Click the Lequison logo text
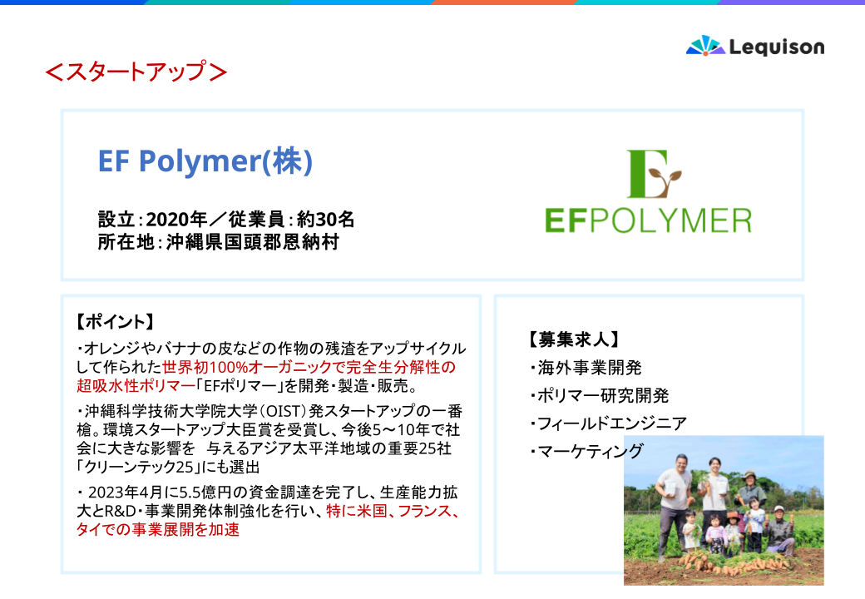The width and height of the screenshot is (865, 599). point(777,47)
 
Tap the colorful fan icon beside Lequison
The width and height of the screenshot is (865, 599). point(705,46)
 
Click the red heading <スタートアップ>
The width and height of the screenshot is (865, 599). point(136,72)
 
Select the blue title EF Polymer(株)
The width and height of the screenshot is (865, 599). point(205,161)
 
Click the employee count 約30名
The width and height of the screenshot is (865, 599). point(325,220)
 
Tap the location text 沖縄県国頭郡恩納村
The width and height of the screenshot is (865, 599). point(253,242)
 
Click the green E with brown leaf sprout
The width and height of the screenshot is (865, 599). point(654,174)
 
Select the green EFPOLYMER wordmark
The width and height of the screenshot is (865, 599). point(648,220)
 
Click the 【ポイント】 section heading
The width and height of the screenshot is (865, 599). point(116,322)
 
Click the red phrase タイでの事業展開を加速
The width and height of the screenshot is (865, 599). point(158,529)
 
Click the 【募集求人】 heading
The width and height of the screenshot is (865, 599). point(574,339)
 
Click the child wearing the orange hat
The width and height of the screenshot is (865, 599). point(733,532)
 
